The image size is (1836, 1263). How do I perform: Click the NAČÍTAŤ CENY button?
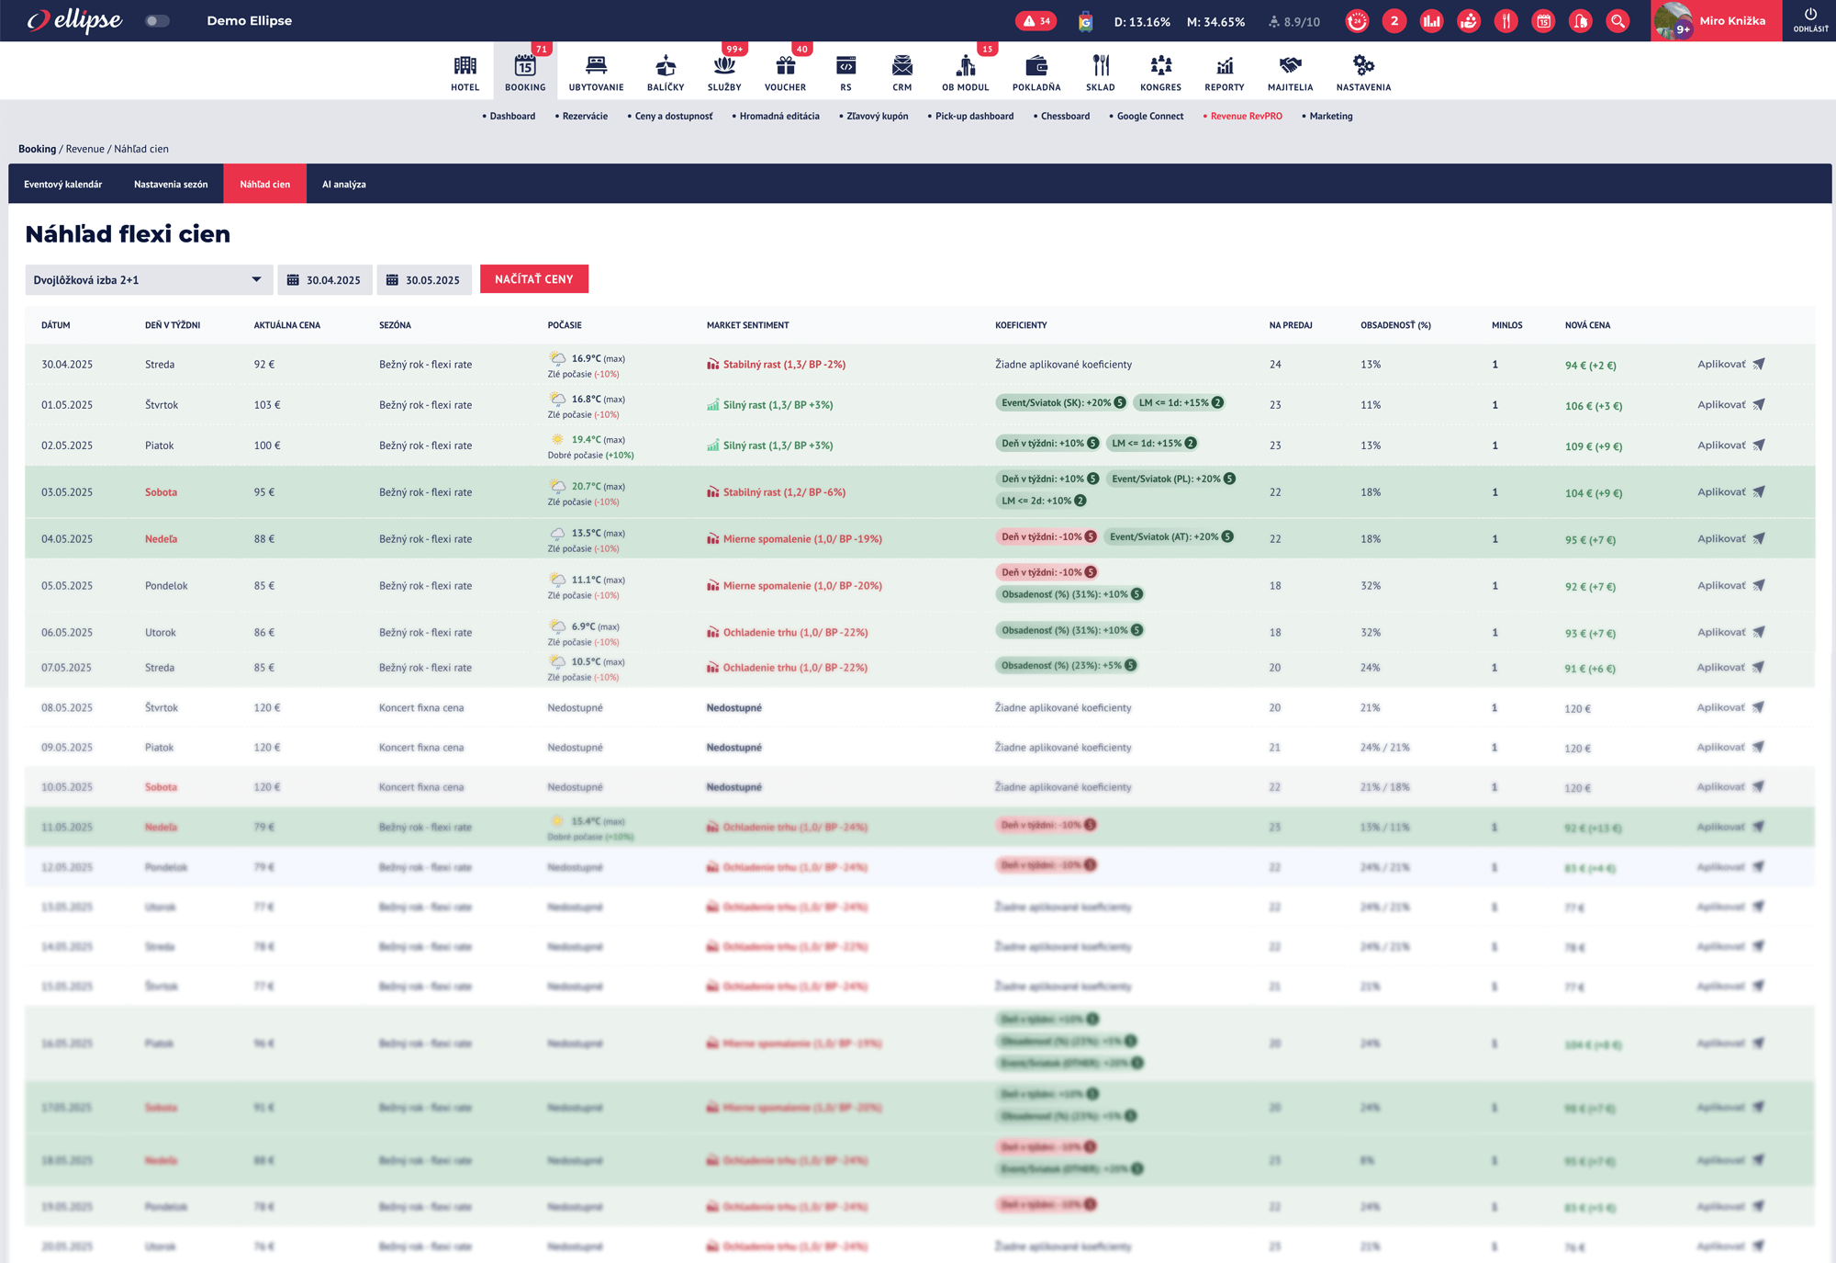[x=533, y=279]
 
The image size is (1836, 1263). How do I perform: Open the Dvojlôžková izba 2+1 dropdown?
[x=148, y=280]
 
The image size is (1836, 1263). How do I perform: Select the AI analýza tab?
[x=343, y=185]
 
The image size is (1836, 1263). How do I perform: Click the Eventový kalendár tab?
[x=62, y=185]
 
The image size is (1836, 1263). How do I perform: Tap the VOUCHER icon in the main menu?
[x=785, y=73]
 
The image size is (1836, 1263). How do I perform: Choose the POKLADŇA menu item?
[x=1036, y=73]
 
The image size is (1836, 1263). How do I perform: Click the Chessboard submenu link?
[x=1065, y=117]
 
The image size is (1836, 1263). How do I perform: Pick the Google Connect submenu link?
[x=1149, y=117]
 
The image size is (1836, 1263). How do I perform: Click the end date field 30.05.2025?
[x=424, y=280]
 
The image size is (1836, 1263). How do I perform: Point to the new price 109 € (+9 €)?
[x=1593, y=446]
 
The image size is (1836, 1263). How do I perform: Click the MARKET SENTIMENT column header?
[x=747, y=325]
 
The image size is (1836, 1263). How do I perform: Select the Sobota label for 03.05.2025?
[x=161, y=492]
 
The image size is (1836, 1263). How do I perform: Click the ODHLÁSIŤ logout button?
[x=1810, y=20]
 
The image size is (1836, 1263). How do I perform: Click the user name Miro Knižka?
[x=1731, y=21]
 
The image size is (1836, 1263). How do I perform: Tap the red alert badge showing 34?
[x=1036, y=21]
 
